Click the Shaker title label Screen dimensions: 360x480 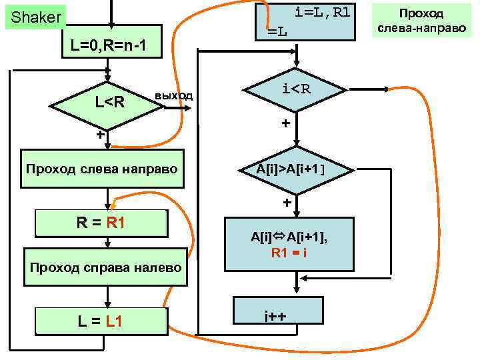click(x=33, y=17)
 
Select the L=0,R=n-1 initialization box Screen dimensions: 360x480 click(x=107, y=45)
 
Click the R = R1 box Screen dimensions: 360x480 click(x=101, y=222)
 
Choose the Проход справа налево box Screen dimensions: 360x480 click(x=103, y=268)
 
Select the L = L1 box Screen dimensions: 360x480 click(x=99, y=321)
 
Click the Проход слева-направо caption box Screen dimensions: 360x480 click(x=421, y=21)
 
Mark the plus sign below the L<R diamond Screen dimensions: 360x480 click(x=99, y=135)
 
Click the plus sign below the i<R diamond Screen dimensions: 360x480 click(x=285, y=124)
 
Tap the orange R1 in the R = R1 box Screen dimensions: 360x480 click(x=111, y=222)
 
